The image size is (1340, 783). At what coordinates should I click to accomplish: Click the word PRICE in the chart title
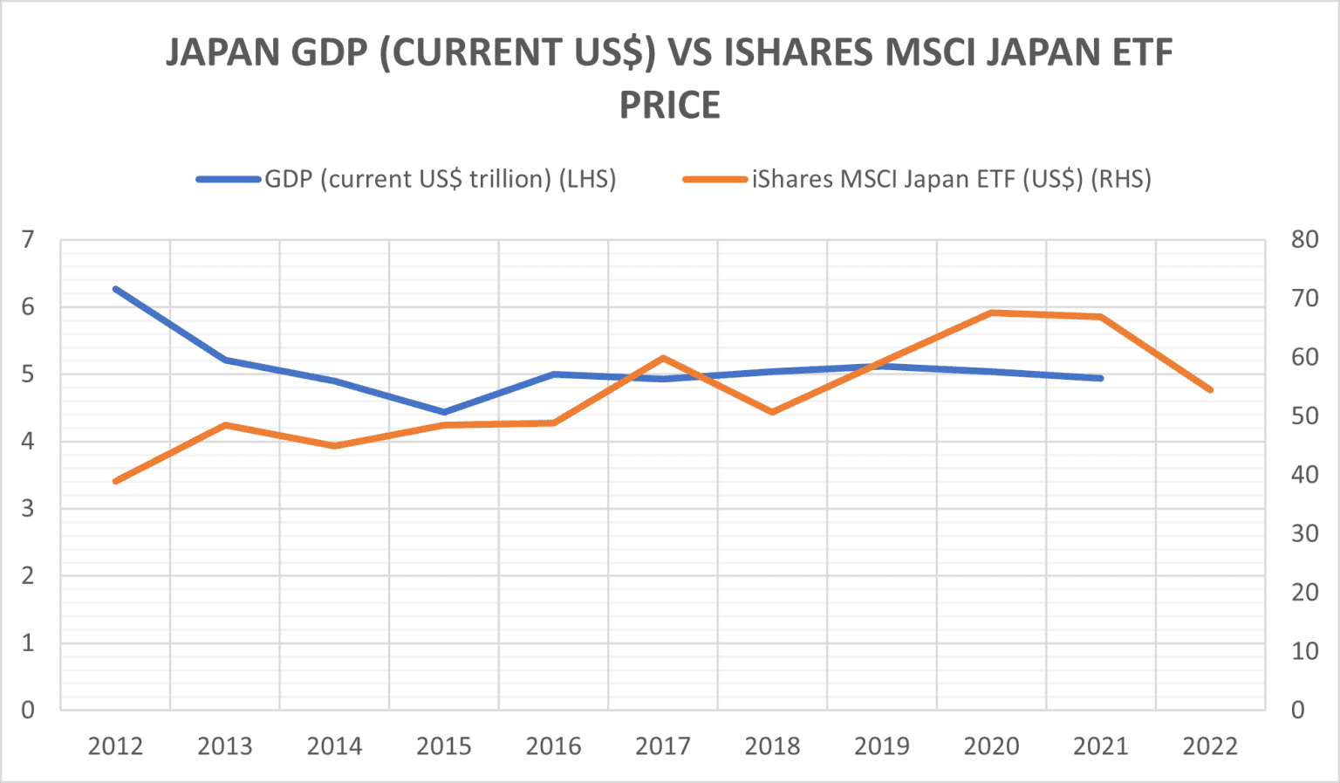pyautogui.click(x=669, y=106)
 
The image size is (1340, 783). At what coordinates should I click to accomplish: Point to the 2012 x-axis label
pyautogui.click(x=115, y=746)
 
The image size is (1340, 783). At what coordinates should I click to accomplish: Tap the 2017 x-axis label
pyautogui.click(x=663, y=746)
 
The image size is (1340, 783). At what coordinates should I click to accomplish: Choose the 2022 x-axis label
pyautogui.click(x=1210, y=746)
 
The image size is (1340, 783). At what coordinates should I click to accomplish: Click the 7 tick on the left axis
pyautogui.click(x=28, y=240)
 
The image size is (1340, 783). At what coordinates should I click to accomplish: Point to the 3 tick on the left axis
pyautogui.click(x=28, y=508)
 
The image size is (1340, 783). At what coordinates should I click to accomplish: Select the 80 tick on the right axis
pyautogui.click(x=1304, y=240)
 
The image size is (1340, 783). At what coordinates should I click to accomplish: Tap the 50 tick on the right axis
pyautogui.click(x=1304, y=416)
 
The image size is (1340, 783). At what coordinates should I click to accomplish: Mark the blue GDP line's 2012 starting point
pyautogui.click(x=115, y=289)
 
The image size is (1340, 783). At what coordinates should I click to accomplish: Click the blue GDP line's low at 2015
pyautogui.click(x=444, y=412)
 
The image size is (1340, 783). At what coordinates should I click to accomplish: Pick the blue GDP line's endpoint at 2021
pyautogui.click(x=1101, y=378)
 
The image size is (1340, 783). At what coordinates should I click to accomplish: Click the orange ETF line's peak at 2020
pyautogui.click(x=992, y=313)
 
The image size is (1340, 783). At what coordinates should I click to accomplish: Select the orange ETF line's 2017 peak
pyautogui.click(x=663, y=358)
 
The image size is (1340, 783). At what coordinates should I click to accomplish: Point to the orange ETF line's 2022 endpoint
pyautogui.click(x=1210, y=390)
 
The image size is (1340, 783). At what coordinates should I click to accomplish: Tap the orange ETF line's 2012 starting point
pyautogui.click(x=115, y=481)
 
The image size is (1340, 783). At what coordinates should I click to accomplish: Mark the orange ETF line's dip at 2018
pyautogui.click(x=772, y=412)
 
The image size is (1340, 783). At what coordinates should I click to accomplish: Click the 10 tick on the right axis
pyautogui.click(x=1304, y=651)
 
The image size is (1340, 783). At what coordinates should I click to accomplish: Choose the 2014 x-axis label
pyautogui.click(x=334, y=746)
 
